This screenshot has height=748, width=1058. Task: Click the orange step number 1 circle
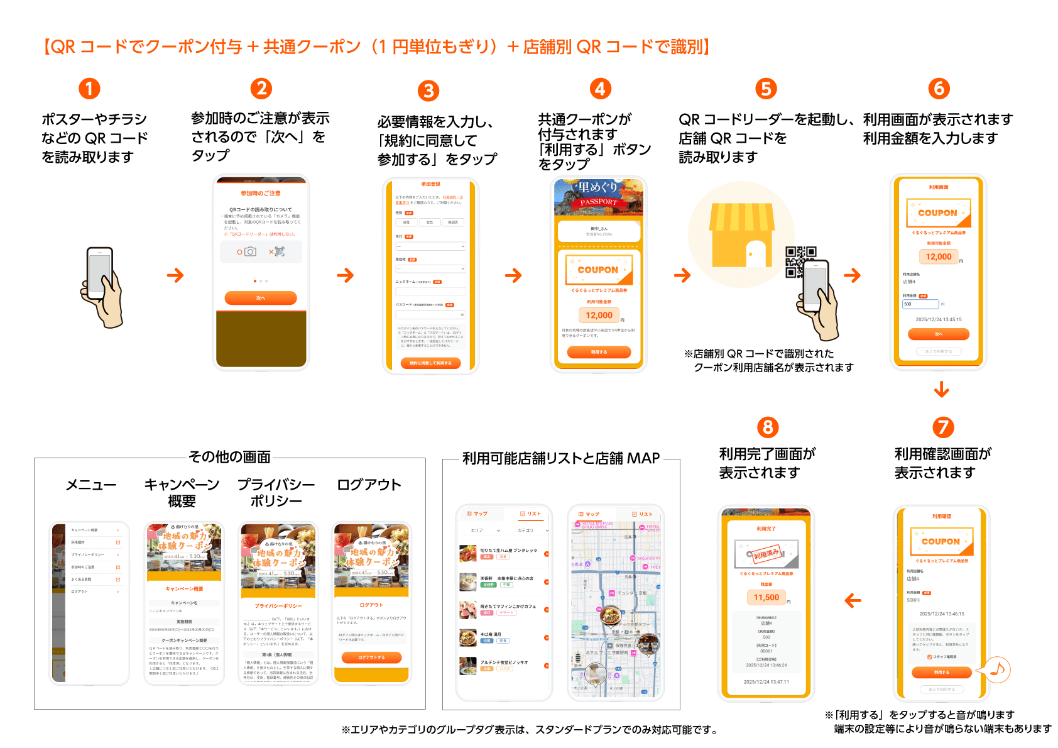point(89,89)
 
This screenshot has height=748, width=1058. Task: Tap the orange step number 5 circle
point(766,89)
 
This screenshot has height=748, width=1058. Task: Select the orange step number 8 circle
point(767,427)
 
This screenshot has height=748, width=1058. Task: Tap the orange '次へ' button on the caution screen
point(261,298)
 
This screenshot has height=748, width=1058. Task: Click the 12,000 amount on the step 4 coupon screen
point(599,316)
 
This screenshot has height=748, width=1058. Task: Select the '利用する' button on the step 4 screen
point(599,353)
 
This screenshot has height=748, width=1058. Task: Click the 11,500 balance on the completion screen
point(766,598)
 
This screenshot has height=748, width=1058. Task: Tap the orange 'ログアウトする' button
point(371,657)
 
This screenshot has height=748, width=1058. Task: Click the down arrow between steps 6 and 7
point(941,390)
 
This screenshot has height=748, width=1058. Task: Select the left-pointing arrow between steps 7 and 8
point(853,601)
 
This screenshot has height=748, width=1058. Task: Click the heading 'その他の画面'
point(229,457)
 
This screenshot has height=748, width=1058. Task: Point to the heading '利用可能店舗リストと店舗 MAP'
point(561,458)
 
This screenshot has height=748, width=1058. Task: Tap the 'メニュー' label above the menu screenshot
point(91,485)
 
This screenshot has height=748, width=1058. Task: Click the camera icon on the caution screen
point(250,251)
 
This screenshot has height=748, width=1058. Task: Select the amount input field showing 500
point(920,304)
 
